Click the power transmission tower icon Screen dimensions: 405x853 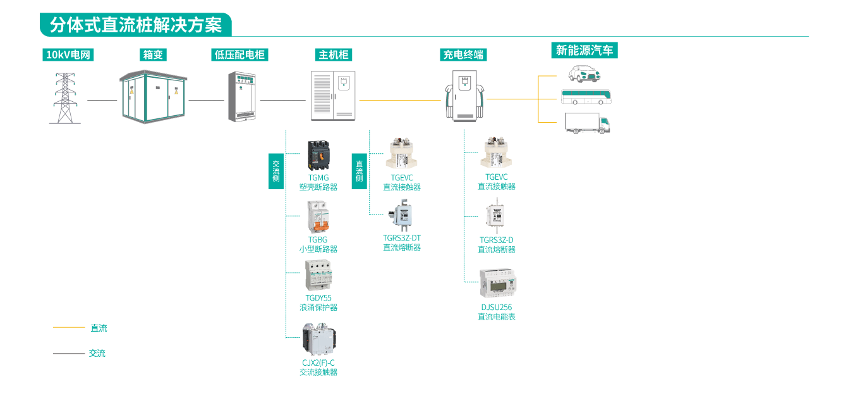(64, 98)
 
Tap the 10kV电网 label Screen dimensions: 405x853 (69, 55)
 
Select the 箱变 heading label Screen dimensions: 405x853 (153, 55)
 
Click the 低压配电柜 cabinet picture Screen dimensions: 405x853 (243, 96)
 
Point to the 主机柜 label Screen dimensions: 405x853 (334, 55)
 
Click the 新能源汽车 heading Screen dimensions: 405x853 (584, 51)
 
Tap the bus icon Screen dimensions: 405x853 (586, 97)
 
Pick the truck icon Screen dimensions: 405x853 (587, 123)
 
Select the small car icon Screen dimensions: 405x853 (585, 73)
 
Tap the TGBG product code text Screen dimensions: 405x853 (318, 240)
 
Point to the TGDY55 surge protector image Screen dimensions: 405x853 (318, 275)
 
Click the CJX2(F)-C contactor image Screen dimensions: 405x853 (319, 340)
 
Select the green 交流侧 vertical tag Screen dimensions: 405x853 (275, 171)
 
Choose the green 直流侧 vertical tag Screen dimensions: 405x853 (359, 171)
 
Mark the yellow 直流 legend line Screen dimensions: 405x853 (69, 328)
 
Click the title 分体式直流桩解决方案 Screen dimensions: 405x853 (135, 25)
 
